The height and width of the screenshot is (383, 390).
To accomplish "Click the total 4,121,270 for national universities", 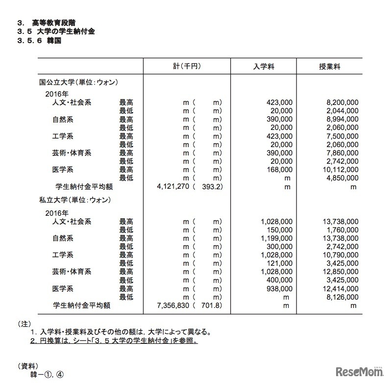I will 173,186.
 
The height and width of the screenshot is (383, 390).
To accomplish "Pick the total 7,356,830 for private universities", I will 173,305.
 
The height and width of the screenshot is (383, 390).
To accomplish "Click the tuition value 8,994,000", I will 341,119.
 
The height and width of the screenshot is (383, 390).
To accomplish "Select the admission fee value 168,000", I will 280,169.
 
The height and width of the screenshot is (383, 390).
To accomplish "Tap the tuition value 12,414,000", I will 339,288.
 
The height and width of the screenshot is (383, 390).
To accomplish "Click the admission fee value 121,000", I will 280,263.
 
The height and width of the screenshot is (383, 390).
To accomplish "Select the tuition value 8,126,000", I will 341,297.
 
